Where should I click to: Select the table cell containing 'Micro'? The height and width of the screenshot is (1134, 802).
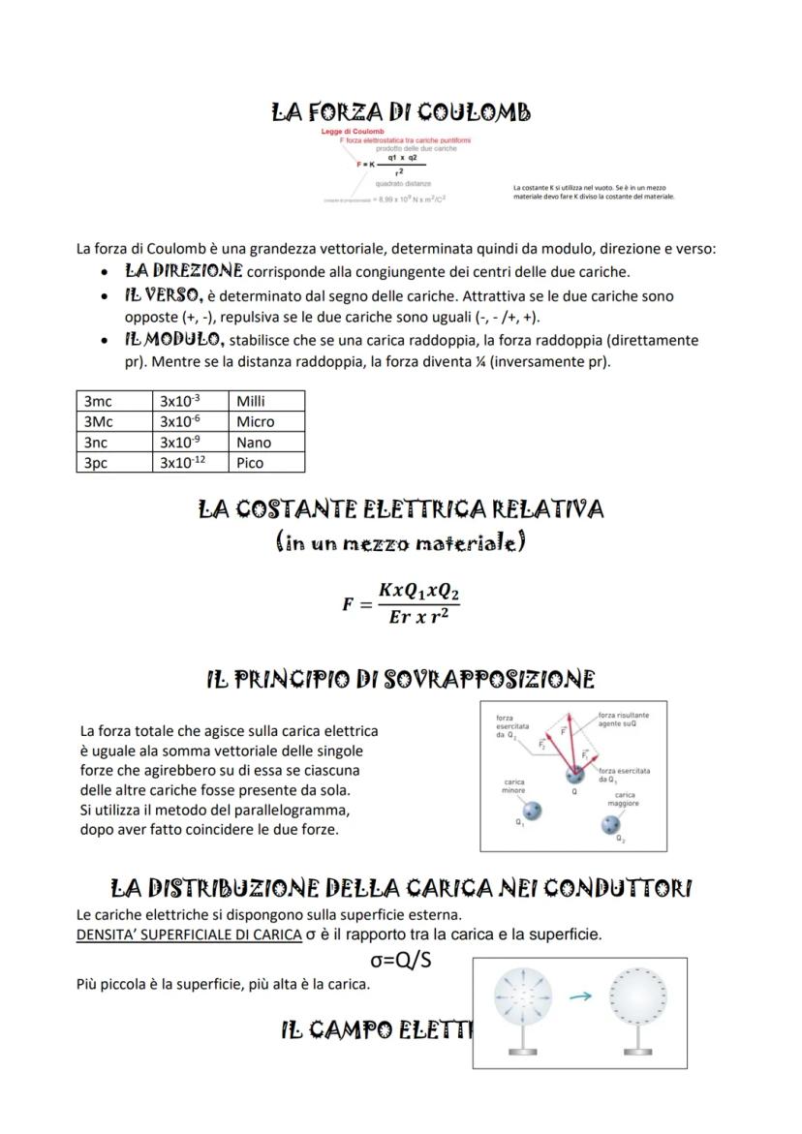coord(267,421)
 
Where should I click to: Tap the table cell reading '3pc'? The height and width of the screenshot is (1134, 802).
coord(114,462)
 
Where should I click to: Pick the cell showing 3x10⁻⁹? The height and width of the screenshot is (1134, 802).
coord(192,442)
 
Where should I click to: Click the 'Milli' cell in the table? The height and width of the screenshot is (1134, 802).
coord(267,401)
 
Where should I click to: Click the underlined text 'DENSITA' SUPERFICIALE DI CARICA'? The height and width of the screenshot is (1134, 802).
coord(188,935)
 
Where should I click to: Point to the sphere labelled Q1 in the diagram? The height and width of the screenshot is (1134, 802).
coord(531,810)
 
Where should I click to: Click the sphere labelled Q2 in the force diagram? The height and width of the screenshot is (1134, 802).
coord(610,824)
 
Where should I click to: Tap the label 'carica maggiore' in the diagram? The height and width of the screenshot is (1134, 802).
coord(623,798)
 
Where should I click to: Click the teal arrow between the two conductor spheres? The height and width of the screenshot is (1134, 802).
coord(580,995)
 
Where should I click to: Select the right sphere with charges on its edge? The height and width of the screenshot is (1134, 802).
coord(636,997)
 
